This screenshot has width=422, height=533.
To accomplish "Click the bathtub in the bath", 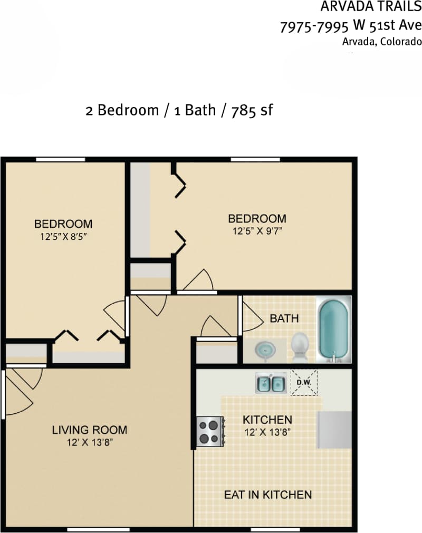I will [x=333, y=330].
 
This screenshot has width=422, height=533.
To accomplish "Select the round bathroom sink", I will [x=265, y=350].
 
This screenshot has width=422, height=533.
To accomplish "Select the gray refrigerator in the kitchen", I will [x=334, y=430].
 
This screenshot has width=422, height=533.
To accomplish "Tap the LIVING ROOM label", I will [x=89, y=430].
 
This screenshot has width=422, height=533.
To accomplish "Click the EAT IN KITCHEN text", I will [x=267, y=495].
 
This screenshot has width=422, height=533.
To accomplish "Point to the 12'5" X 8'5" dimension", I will [x=63, y=237].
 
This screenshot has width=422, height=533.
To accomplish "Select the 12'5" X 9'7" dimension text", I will [x=257, y=231].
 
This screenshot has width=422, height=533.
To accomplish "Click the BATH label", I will [x=284, y=318].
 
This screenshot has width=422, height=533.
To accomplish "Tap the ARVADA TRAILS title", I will [x=371, y=7].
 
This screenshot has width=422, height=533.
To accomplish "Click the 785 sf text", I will [x=252, y=110].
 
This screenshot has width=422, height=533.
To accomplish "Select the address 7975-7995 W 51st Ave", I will [x=351, y=25].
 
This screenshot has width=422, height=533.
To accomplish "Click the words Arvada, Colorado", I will [x=382, y=42].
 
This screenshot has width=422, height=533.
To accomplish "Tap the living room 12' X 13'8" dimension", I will [x=89, y=442].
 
